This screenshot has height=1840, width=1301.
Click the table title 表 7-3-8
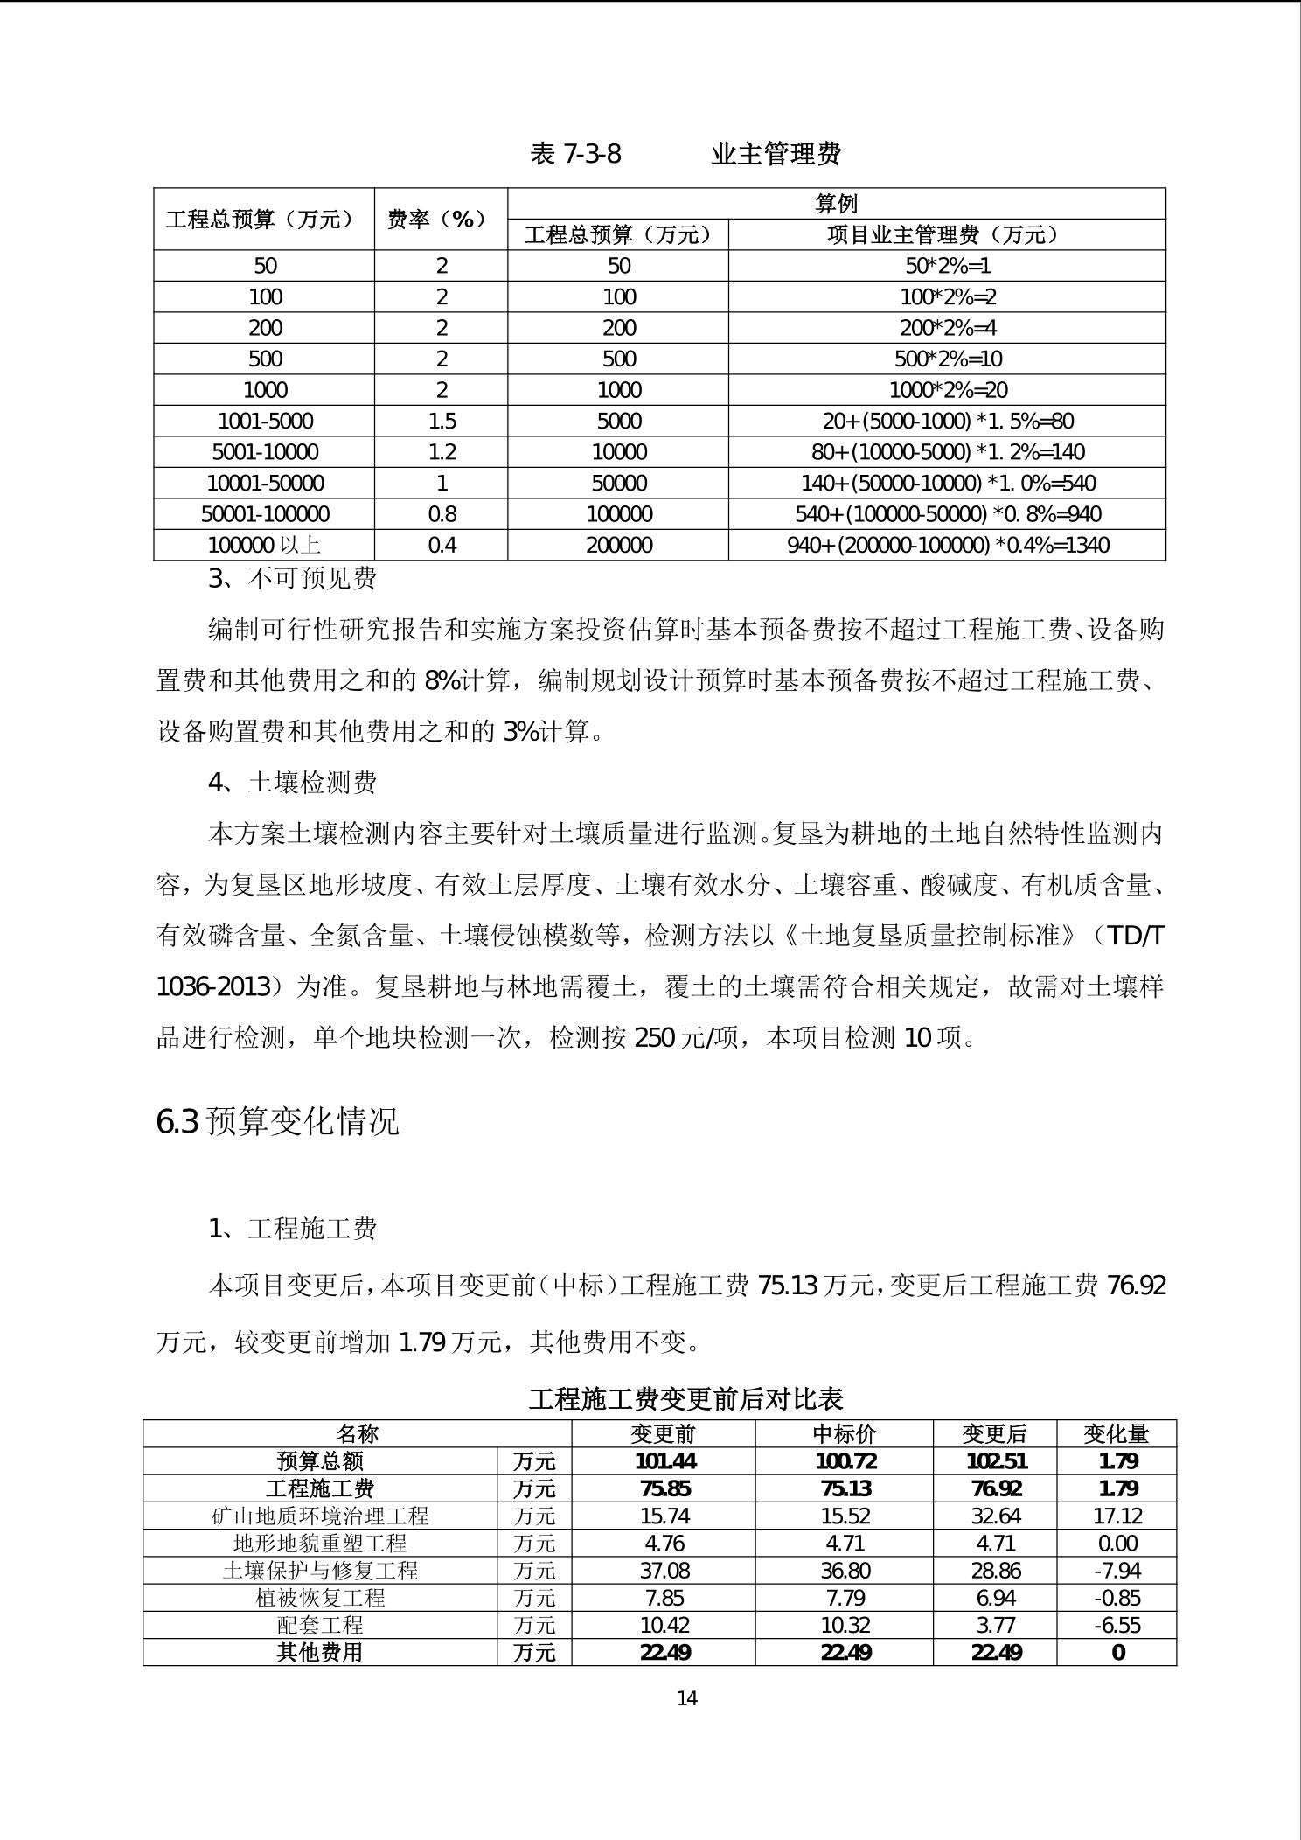[x=575, y=154]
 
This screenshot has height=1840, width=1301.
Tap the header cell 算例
[x=836, y=204]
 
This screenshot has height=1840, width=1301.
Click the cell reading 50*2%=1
[x=947, y=266]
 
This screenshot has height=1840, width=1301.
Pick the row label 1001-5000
[x=265, y=421]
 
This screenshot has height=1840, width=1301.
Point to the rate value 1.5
[x=442, y=421]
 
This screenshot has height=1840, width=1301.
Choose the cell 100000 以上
[x=264, y=545]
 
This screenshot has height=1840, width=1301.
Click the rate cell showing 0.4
[x=442, y=545]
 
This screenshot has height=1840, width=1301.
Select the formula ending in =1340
[x=947, y=545]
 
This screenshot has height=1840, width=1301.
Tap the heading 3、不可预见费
[x=292, y=578]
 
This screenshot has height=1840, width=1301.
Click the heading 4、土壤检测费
[x=292, y=782]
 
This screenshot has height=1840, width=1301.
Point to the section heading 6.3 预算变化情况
[x=277, y=1121]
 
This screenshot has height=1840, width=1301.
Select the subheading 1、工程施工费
[x=292, y=1229]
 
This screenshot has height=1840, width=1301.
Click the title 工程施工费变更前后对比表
[x=685, y=1398]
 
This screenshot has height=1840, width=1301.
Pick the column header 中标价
[x=844, y=1433]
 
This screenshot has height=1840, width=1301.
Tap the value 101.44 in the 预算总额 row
[x=664, y=1461]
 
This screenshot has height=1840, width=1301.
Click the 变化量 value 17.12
[x=1117, y=1516]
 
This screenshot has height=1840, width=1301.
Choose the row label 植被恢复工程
[x=320, y=1598]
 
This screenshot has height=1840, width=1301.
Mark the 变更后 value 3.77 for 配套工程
[x=995, y=1625]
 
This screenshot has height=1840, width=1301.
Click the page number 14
[x=687, y=1698]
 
